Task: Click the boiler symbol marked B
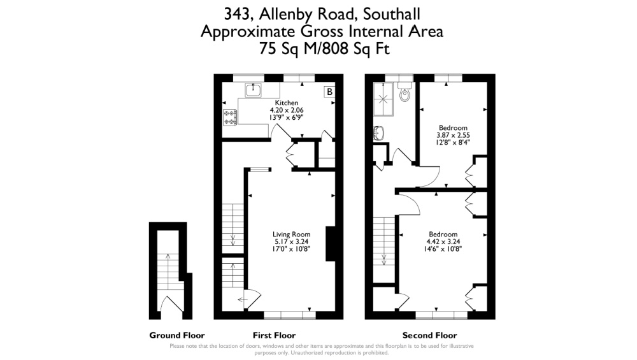pos(329,92)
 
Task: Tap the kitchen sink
pos(253,90)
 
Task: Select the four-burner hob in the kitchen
pos(230,117)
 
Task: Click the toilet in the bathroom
pos(404,92)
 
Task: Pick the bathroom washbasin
pos(378,133)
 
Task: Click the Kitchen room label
pos(287,103)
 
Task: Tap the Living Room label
pos(291,234)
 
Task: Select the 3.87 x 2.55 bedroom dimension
pos(453,135)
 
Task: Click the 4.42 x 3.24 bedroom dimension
pos(443,241)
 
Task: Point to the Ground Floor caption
pos(177,335)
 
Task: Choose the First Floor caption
pos(274,335)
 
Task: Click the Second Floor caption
pos(430,335)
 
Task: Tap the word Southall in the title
pos(392,14)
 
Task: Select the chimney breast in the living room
pos(331,243)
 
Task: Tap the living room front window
pos(290,315)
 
